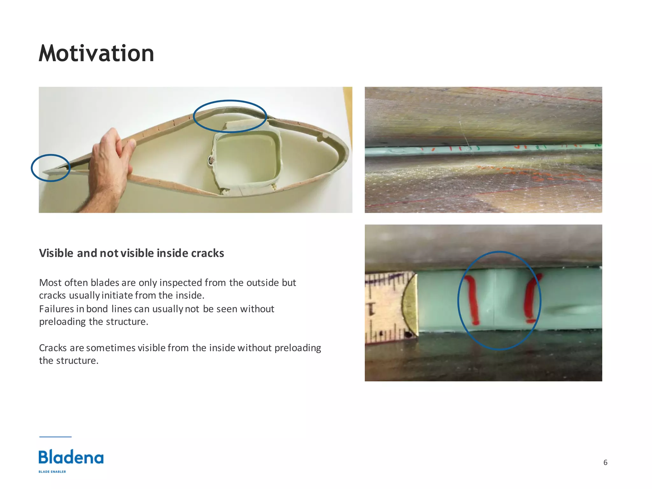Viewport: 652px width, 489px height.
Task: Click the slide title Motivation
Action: click(96, 53)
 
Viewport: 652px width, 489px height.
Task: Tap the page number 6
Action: click(605, 462)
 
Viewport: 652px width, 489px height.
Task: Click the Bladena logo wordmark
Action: click(71, 457)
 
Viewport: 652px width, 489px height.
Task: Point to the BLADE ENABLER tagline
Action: click(52, 471)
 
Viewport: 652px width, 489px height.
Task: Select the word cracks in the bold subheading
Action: click(207, 253)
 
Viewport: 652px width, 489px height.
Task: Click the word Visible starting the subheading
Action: click(56, 253)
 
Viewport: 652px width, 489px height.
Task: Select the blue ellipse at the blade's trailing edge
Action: click(50, 168)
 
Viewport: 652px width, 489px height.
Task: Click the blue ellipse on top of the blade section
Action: click(230, 116)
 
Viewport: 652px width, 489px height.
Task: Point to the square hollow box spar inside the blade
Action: click(247, 161)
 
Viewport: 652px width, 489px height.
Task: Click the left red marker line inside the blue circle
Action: click(472, 299)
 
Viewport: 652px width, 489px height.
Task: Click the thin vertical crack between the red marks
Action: click(494, 299)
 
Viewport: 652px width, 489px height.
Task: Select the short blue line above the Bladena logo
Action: click(55, 437)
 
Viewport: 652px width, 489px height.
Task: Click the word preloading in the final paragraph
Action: click(298, 348)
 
